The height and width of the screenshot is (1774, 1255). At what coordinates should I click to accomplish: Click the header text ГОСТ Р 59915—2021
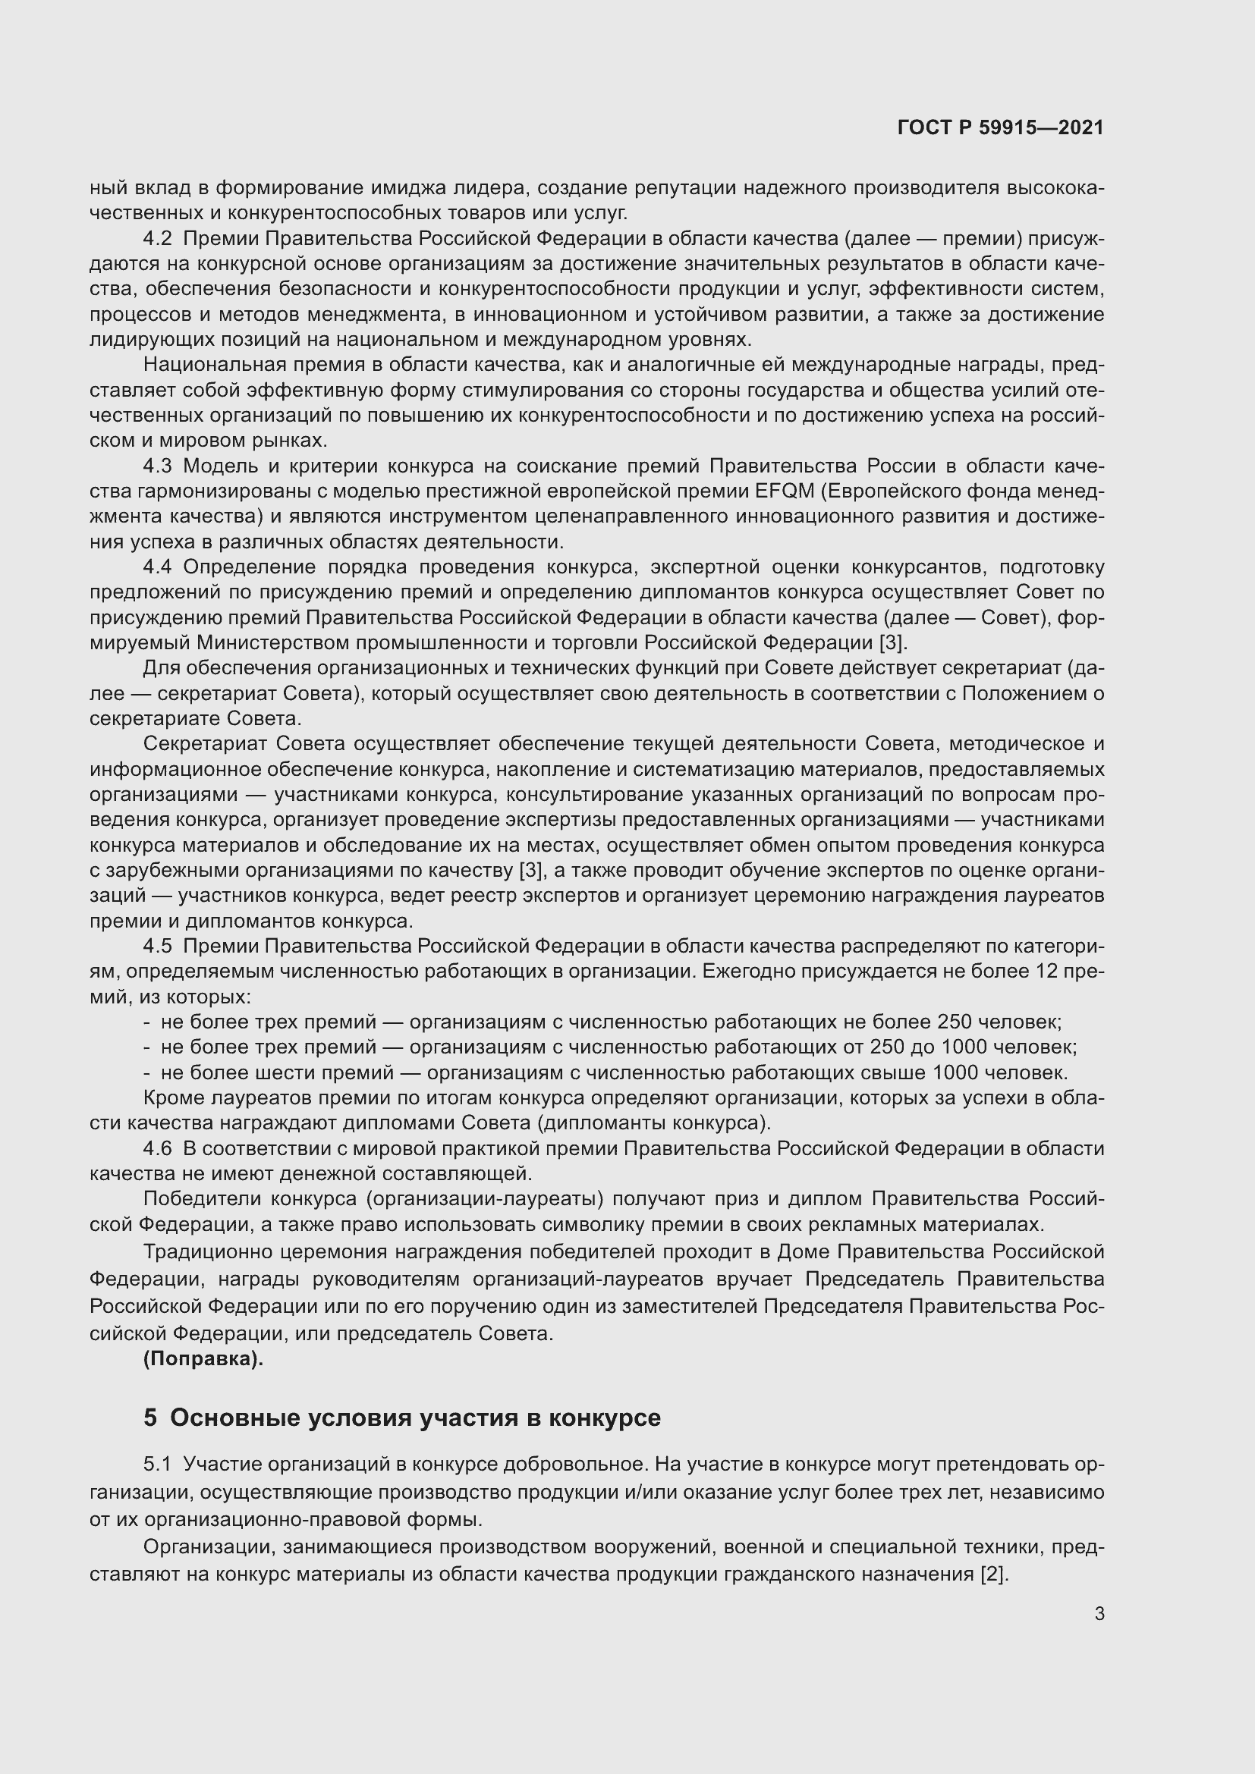(x=1000, y=127)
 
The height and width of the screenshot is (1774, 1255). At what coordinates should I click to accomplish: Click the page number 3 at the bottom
(x=1099, y=1614)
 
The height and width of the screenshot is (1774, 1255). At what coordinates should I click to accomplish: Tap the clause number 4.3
(x=157, y=466)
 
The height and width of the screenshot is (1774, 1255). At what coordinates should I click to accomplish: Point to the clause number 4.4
(x=157, y=567)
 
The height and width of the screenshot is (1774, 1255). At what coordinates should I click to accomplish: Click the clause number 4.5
(x=157, y=947)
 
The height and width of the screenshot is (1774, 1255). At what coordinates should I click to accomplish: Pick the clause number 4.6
(x=157, y=1149)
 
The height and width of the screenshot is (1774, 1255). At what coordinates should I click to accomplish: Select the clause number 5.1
(x=157, y=1464)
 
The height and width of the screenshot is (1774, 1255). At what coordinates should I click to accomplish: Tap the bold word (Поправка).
(x=203, y=1359)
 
